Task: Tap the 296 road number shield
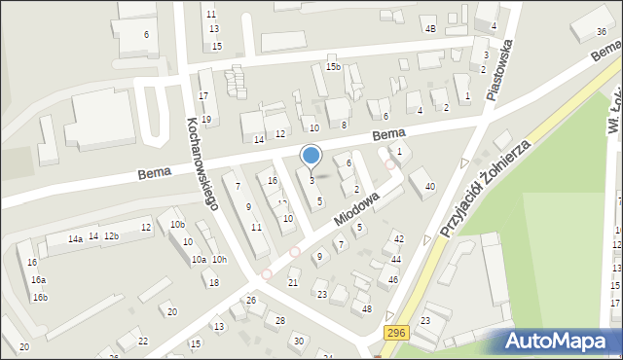(395, 334)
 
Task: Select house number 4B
(430, 28)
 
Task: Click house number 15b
(334, 67)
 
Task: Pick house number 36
(601, 32)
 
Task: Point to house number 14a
(75, 238)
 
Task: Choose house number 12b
(111, 236)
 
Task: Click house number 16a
(38, 280)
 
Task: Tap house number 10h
(219, 259)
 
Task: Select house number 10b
(177, 225)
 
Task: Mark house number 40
(429, 186)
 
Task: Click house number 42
(398, 238)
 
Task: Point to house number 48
(367, 309)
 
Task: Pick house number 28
(280, 320)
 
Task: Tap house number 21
(293, 282)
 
